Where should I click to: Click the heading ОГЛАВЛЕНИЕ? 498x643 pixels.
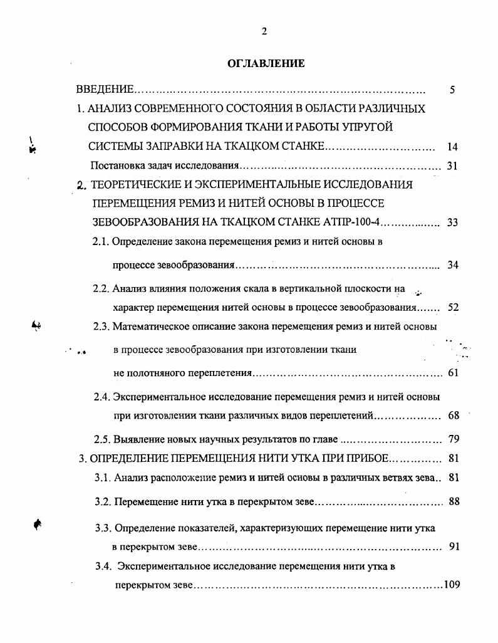coord(265,63)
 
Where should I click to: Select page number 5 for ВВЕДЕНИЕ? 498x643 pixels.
coord(452,90)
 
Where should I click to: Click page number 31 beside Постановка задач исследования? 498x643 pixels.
coord(453,166)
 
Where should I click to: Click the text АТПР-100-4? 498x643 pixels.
coord(355,222)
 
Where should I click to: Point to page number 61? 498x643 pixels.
coord(454,373)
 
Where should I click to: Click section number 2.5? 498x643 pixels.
coord(103,439)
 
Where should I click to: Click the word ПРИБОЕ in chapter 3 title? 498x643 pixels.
coord(362,458)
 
